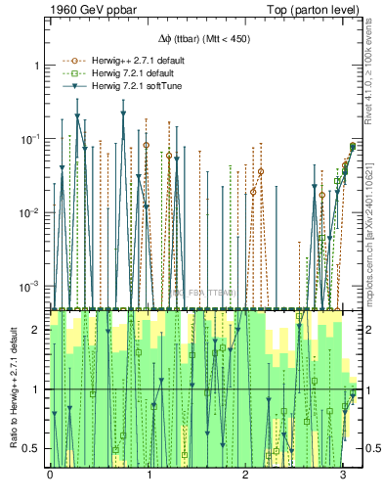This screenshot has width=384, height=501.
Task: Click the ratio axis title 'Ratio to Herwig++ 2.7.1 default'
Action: tap(12, 391)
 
